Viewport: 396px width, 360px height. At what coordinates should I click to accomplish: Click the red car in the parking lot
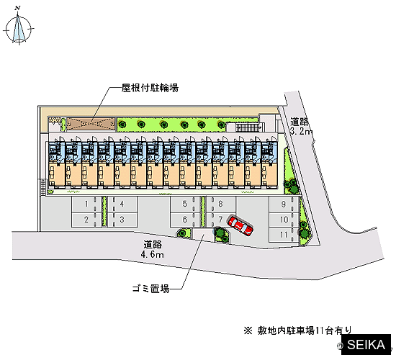(x=240, y=225)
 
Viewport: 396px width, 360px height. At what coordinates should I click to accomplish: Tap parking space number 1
(x=87, y=204)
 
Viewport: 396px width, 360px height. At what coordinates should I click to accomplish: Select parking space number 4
(x=122, y=204)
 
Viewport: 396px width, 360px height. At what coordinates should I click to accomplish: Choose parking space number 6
(x=185, y=220)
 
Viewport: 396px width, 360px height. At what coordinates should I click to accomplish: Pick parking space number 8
(x=221, y=204)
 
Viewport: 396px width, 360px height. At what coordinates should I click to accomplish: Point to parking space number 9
(x=284, y=204)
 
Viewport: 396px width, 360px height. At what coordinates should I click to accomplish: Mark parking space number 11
(x=284, y=235)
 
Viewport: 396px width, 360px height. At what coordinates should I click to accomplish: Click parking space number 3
(x=122, y=220)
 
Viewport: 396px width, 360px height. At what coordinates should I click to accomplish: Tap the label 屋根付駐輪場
(x=150, y=88)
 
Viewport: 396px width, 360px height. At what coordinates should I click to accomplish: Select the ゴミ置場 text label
(x=150, y=289)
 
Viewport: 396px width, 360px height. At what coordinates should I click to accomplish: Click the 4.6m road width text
(x=153, y=255)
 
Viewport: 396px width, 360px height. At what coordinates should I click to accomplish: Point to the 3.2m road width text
(x=301, y=131)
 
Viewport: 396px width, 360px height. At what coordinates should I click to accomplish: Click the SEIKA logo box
(x=366, y=345)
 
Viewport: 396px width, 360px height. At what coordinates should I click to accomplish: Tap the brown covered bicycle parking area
(x=91, y=125)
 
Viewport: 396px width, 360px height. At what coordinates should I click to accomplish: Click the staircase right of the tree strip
(x=248, y=127)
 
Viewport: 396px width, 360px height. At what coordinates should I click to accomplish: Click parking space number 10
(x=284, y=220)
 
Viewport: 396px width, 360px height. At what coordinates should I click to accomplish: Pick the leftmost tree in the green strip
(x=122, y=124)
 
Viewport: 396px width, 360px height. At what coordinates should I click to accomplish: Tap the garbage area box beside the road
(x=202, y=234)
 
